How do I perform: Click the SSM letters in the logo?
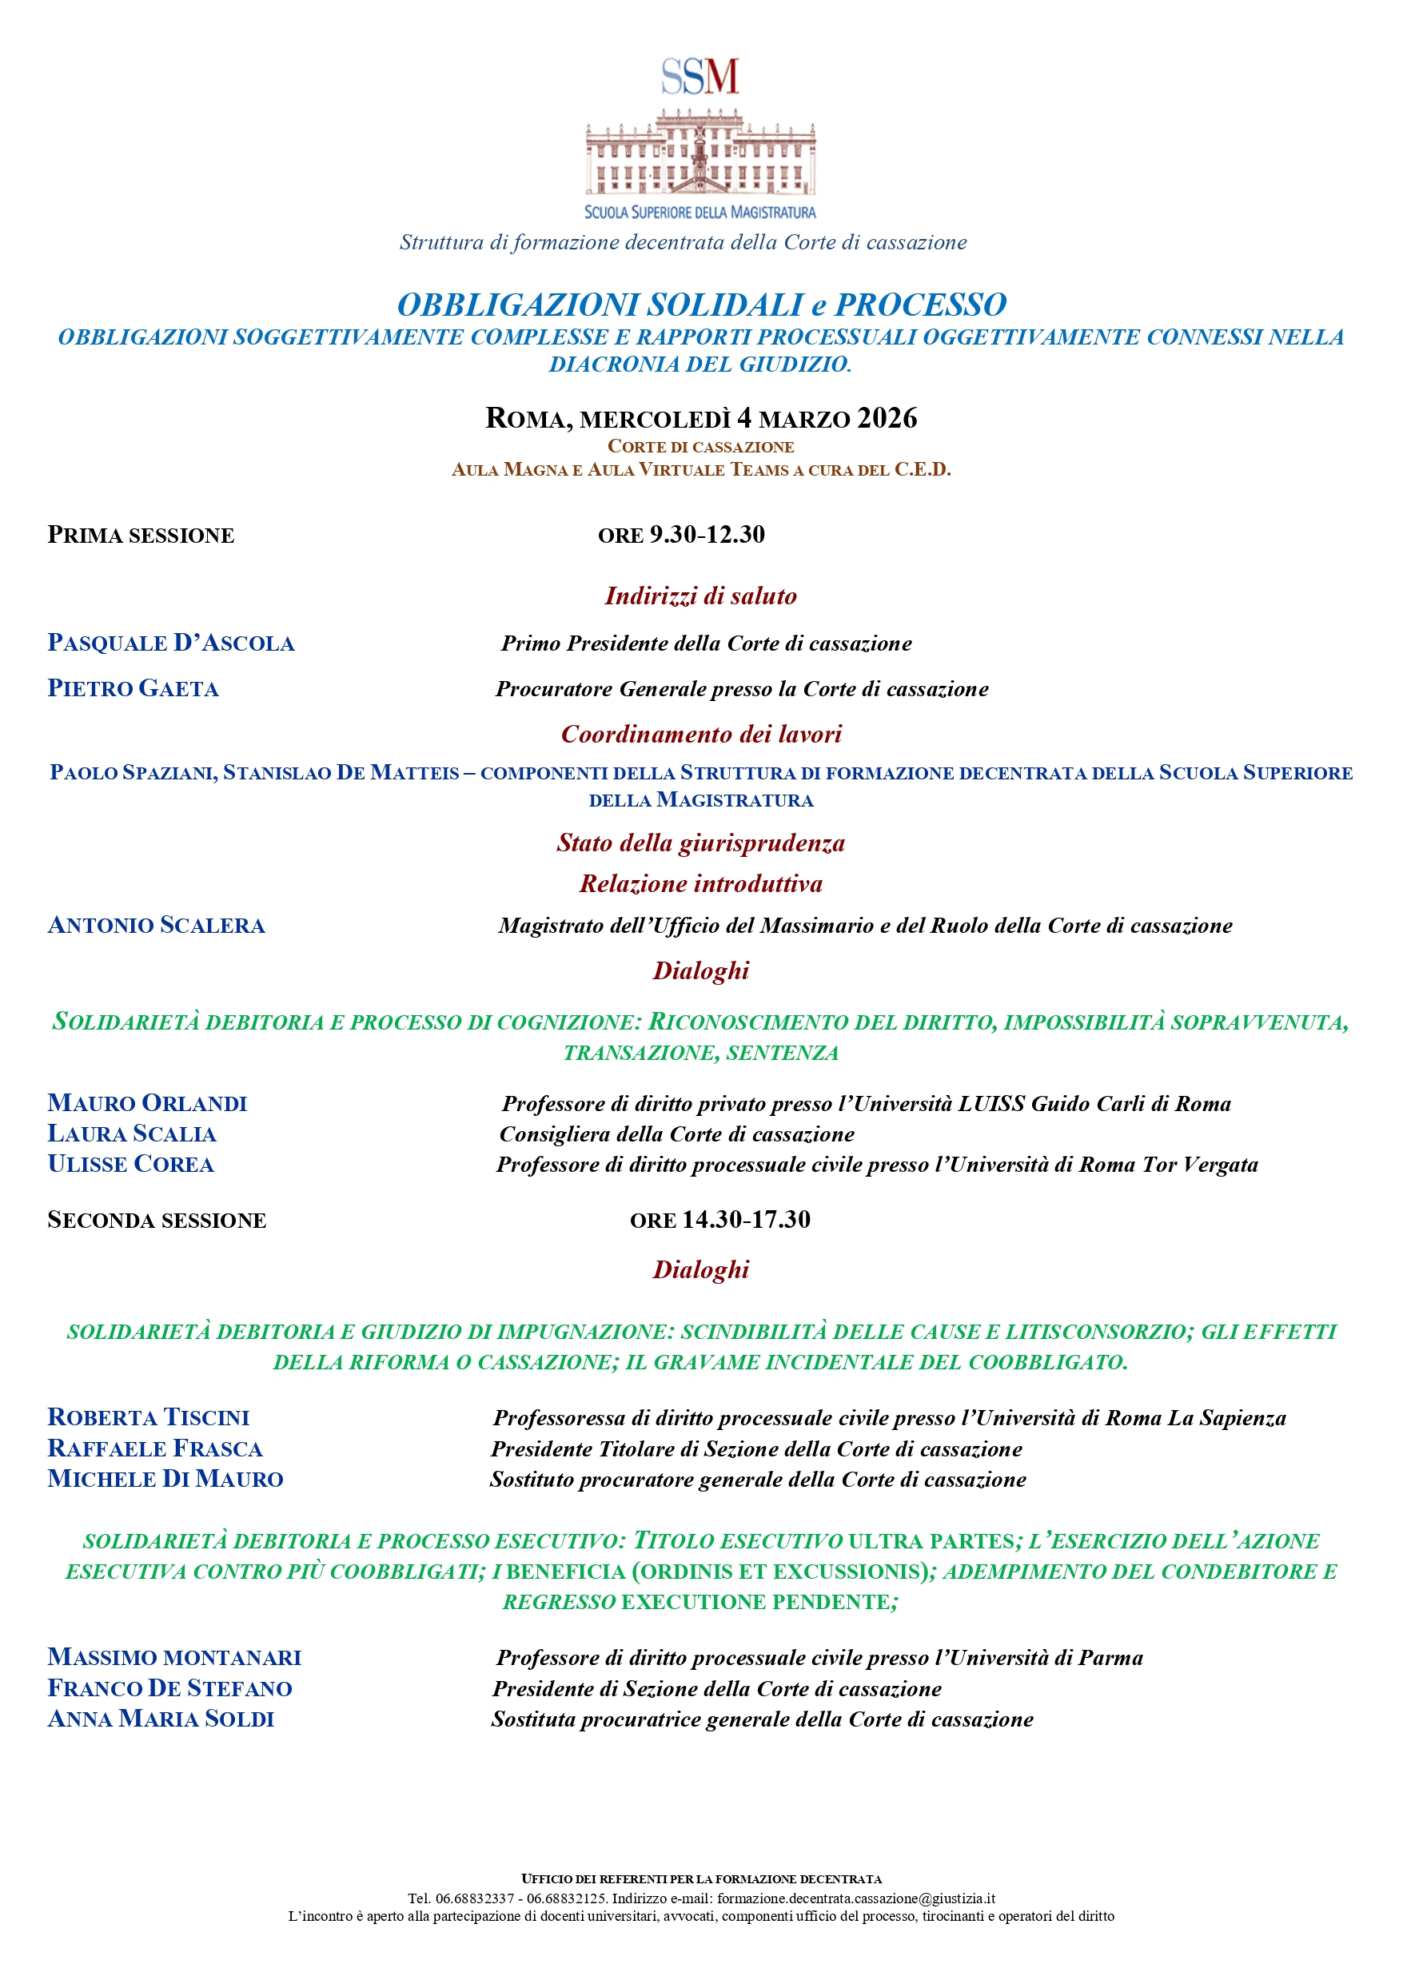[700, 77]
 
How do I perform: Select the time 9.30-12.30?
[707, 535]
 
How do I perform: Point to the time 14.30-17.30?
[746, 1219]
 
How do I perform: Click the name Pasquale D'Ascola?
[171, 643]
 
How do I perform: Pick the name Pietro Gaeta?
[134, 689]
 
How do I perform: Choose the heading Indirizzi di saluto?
[700, 596]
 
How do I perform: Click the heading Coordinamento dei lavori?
[700, 734]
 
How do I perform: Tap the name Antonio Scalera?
[157, 926]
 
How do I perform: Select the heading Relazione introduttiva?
[700, 883]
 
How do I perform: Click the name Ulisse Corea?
[130, 1164]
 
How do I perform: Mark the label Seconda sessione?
[157, 1220]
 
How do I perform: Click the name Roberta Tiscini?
[149, 1417]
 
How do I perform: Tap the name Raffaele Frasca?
[155, 1448]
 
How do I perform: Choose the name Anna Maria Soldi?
[161, 1719]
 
